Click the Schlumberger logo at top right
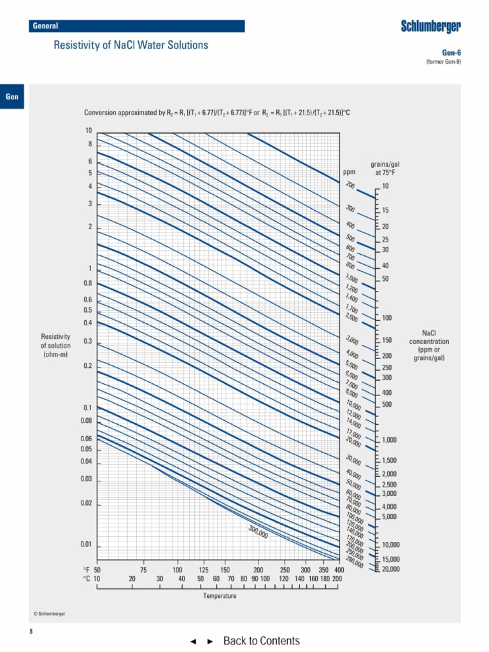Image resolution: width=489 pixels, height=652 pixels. coord(430,26)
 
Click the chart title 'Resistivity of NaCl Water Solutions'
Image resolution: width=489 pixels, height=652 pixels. coord(131,45)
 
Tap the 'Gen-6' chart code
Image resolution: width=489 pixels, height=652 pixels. coord(451,53)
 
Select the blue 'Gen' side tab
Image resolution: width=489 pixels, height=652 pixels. coord(12,97)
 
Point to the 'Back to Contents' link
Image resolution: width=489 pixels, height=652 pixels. coord(261,641)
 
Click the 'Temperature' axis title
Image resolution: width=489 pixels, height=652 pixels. coord(220,596)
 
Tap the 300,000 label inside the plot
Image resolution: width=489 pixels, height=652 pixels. coord(258,532)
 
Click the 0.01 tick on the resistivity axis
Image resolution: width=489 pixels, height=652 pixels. coord(87,545)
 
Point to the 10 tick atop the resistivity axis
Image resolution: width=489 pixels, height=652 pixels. coord(89,130)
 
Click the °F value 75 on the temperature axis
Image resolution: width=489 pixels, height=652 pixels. coord(144,569)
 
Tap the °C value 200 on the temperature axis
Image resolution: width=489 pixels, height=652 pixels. coord(337,579)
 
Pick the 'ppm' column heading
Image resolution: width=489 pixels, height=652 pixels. coord(349,172)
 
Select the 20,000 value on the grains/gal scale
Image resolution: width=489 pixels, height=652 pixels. coord(391,569)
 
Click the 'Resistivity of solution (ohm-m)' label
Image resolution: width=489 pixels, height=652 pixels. coord(55,345)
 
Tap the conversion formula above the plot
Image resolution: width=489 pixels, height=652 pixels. coord(218,113)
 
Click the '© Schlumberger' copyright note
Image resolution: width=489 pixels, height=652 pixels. coord(49,614)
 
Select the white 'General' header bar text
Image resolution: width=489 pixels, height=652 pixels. coord(45,26)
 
